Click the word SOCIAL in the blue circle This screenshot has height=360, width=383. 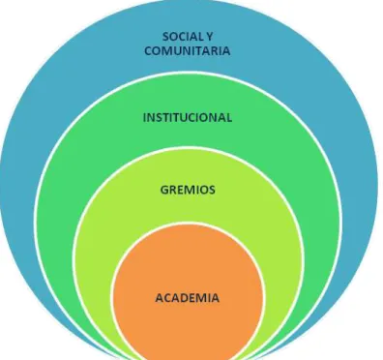point(183,37)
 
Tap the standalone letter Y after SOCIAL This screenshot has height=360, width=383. point(209,37)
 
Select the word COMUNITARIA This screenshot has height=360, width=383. point(188,51)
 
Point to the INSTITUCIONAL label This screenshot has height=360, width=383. point(188,117)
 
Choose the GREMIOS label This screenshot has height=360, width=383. point(188,190)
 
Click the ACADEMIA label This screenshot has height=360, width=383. point(188,298)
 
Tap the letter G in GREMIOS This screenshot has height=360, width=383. point(164,190)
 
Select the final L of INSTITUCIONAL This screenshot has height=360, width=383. point(229,117)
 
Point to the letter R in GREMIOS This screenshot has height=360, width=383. point(173,190)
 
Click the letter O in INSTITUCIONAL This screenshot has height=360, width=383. point(206,117)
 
